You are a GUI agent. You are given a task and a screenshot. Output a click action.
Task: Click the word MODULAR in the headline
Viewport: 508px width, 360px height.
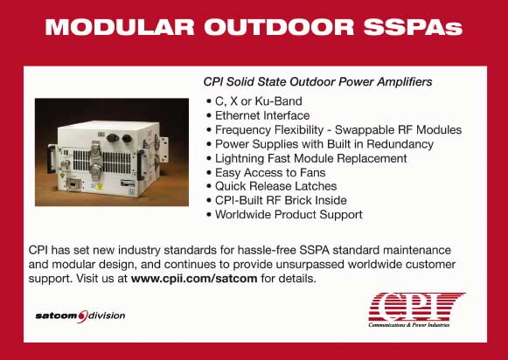coord(120,26)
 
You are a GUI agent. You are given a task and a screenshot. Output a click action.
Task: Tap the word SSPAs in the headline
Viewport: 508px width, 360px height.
coord(413,26)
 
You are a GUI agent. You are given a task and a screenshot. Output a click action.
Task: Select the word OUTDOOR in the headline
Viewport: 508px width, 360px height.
coord(279,26)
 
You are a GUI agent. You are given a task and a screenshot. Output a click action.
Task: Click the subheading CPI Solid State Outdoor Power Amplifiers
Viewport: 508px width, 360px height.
coord(317,81)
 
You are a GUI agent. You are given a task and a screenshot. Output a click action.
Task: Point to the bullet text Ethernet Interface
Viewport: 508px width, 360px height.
coord(262,115)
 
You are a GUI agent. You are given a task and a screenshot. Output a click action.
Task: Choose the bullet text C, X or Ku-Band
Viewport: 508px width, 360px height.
coord(259,101)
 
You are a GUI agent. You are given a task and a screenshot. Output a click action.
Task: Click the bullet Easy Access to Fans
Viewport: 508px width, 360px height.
coord(270,172)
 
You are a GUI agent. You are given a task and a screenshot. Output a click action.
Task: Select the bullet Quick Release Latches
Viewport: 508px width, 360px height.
coord(276,186)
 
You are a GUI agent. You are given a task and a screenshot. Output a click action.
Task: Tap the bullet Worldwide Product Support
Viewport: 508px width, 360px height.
coord(289,215)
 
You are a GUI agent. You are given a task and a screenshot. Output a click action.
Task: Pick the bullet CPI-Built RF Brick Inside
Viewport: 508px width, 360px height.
coord(281,200)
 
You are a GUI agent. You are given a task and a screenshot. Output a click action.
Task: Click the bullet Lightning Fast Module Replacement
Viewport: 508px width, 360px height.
coord(311,158)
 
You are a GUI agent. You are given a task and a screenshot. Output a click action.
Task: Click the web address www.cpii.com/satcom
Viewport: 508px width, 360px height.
coord(194,279)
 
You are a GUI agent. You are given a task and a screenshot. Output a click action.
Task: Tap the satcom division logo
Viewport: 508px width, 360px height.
coord(80,316)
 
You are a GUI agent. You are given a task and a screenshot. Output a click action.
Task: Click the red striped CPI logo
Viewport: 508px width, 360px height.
coord(417,307)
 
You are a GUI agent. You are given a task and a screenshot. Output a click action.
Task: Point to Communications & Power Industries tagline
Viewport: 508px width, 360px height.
coord(409,325)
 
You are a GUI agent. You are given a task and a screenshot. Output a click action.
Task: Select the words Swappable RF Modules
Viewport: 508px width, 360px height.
coord(398,130)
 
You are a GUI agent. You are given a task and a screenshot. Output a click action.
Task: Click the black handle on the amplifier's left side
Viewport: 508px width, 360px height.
coord(51,159)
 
